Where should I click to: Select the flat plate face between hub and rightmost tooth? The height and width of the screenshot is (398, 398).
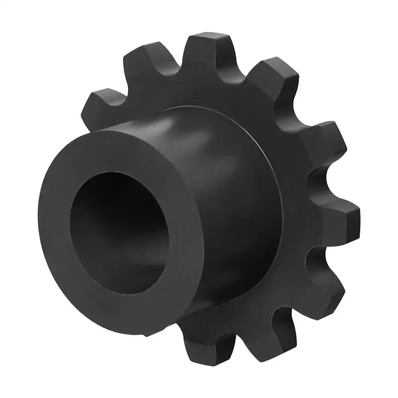(298, 209)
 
